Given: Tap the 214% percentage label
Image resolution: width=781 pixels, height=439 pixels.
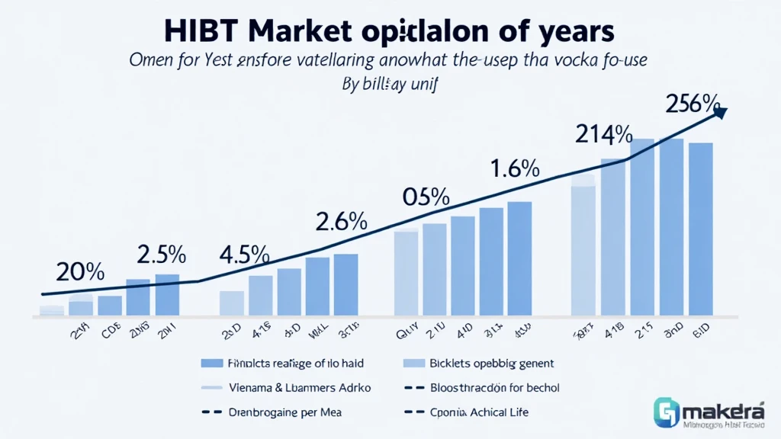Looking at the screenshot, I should point(603,136).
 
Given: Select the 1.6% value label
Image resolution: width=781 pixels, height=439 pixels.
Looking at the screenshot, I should point(515,168).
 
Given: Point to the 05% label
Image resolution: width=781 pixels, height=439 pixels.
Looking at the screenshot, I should point(426,197).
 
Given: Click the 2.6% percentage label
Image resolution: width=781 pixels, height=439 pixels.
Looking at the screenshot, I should point(342,222).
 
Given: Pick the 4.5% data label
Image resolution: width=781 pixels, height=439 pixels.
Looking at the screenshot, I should point(244,254).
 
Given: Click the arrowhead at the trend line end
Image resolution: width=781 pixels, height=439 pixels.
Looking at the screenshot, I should point(720,114).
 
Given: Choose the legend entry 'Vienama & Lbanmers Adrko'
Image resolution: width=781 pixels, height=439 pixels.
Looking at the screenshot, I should point(300,388).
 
